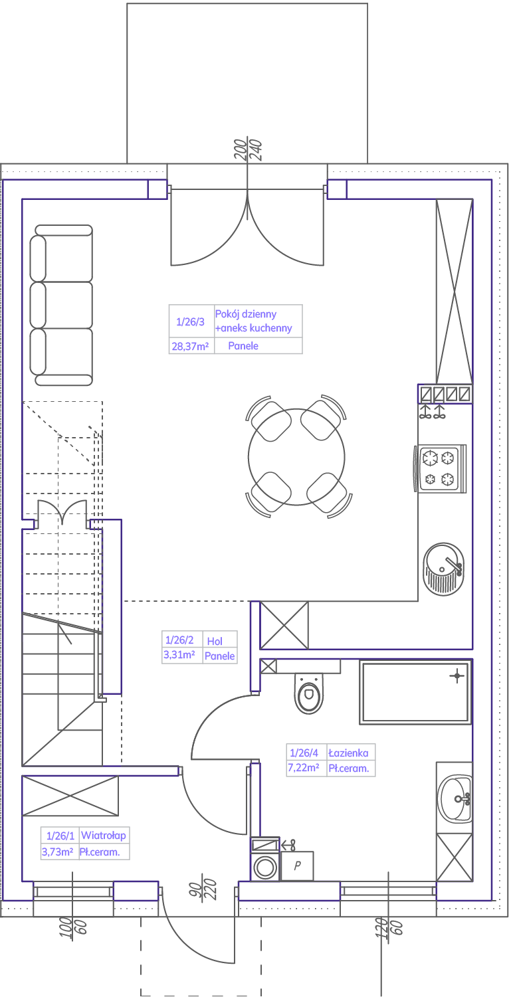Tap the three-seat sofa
point(61,306)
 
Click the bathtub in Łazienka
point(415,691)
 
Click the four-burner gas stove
point(442,468)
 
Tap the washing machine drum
point(265,867)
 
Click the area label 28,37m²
point(190,346)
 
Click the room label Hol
point(215,641)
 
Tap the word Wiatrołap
point(103,835)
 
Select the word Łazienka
point(348,753)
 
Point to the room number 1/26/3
point(190,321)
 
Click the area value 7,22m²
point(303,768)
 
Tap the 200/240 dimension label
point(248,150)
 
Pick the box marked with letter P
point(297,865)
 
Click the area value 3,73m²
point(57,852)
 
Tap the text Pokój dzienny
point(246,314)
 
